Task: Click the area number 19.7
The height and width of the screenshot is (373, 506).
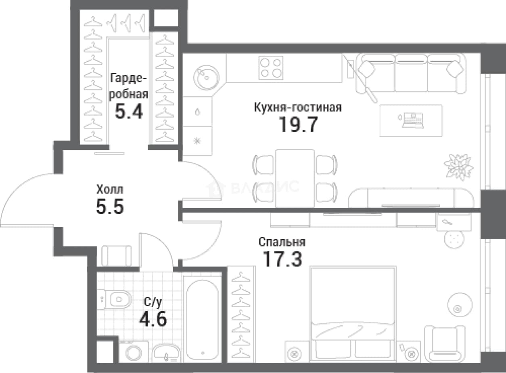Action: (x=299, y=124)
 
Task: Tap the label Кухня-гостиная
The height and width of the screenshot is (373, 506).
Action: (x=298, y=107)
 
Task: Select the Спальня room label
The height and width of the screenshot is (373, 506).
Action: (x=282, y=242)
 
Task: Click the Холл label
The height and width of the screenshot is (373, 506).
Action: (x=110, y=189)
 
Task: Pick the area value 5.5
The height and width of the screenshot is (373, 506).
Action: (x=110, y=206)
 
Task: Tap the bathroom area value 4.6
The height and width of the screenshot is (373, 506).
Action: (x=153, y=319)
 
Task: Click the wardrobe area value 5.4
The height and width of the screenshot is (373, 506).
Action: (x=129, y=111)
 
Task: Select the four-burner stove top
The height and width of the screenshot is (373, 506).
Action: (x=271, y=67)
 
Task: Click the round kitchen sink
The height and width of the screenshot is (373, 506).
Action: (x=206, y=78)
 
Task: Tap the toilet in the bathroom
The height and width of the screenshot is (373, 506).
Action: (x=115, y=299)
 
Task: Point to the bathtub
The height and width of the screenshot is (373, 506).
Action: (x=203, y=320)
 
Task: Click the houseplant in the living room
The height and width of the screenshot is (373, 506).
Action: (x=458, y=167)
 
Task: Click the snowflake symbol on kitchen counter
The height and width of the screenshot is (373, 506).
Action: (x=197, y=141)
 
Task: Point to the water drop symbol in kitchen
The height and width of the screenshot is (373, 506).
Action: (x=198, y=112)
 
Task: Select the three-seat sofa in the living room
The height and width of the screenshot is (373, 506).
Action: (x=411, y=73)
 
